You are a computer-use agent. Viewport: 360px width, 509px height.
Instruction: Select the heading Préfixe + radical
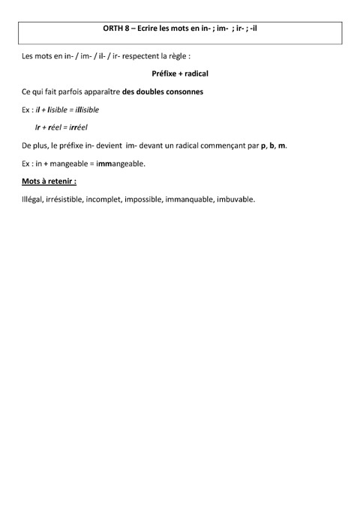180,74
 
